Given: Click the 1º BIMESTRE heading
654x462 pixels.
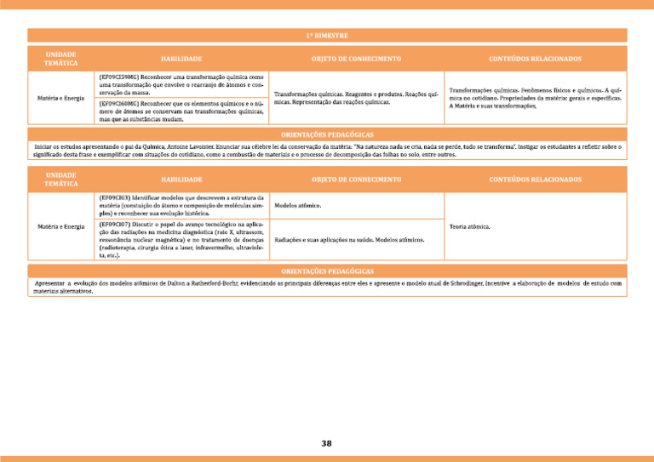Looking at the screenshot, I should (327, 36).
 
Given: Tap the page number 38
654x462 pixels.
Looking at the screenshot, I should (327, 442).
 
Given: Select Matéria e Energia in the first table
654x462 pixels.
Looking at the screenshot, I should (60, 98).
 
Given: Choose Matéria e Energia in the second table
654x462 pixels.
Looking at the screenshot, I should (60, 227).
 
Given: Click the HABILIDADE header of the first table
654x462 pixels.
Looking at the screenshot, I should (181, 59).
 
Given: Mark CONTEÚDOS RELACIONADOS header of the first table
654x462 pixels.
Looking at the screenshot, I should (536, 59).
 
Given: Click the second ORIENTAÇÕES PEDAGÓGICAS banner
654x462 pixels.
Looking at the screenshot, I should (327, 270).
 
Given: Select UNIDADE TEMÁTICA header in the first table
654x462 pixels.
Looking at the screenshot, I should (61, 59).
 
